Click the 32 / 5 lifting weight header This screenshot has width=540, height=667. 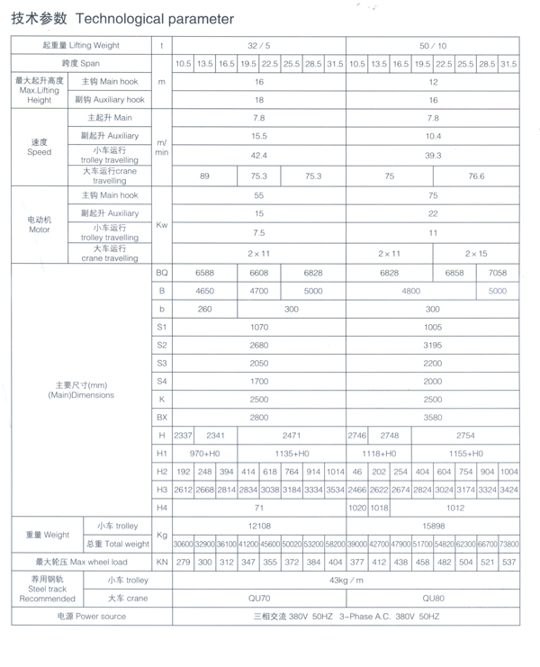pos(258,45)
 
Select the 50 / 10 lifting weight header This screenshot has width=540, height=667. pos(433,45)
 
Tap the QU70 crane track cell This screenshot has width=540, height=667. pos(258,598)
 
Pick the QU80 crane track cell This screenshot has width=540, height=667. pos(433,598)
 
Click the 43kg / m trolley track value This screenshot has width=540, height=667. pos(346,581)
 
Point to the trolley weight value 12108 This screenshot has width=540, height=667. pos(258,527)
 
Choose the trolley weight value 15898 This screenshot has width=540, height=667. pos(433,527)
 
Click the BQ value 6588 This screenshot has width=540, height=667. pos(205,272)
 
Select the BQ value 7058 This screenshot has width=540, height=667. pos(498,272)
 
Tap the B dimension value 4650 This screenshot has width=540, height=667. pos(205,291)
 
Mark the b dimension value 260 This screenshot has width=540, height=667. pos(205,309)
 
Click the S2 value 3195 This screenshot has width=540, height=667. pos(433,345)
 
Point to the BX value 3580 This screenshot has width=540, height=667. pos(433,418)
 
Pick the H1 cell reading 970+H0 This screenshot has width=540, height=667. pos(205,454)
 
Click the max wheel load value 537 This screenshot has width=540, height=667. pos(508,562)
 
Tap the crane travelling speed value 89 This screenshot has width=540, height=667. pos(205,176)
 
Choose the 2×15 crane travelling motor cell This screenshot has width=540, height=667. pos(475,254)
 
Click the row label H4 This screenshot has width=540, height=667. pos(162,508)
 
